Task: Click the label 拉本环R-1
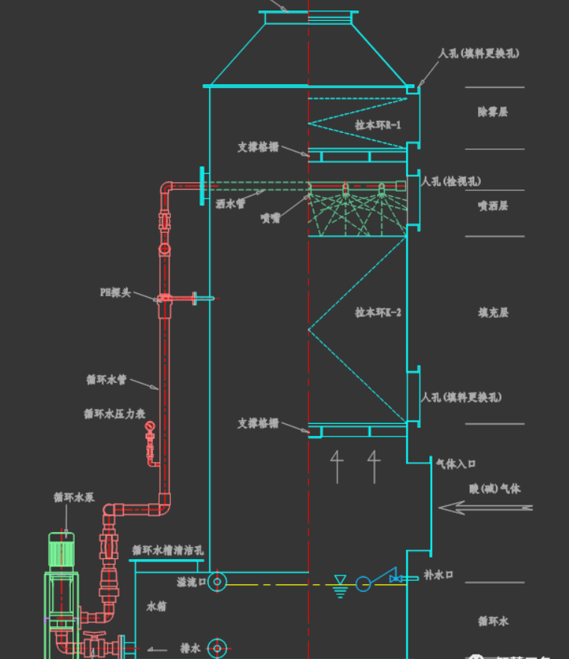[378, 125]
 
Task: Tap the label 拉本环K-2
[378, 313]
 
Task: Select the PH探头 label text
[115, 293]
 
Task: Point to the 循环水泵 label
[74, 497]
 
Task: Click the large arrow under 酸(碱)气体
[485, 508]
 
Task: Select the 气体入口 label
[455, 463]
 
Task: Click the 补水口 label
[438, 575]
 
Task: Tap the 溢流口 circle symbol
[217, 581]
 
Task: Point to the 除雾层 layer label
[493, 111]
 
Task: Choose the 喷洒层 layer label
[493, 205]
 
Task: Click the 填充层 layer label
[493, 313]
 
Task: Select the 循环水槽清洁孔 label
[167, 550]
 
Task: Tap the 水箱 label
[157, 607]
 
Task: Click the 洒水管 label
[230, 203]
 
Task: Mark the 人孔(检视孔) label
[452, 181]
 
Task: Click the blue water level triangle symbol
[341, 581]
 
